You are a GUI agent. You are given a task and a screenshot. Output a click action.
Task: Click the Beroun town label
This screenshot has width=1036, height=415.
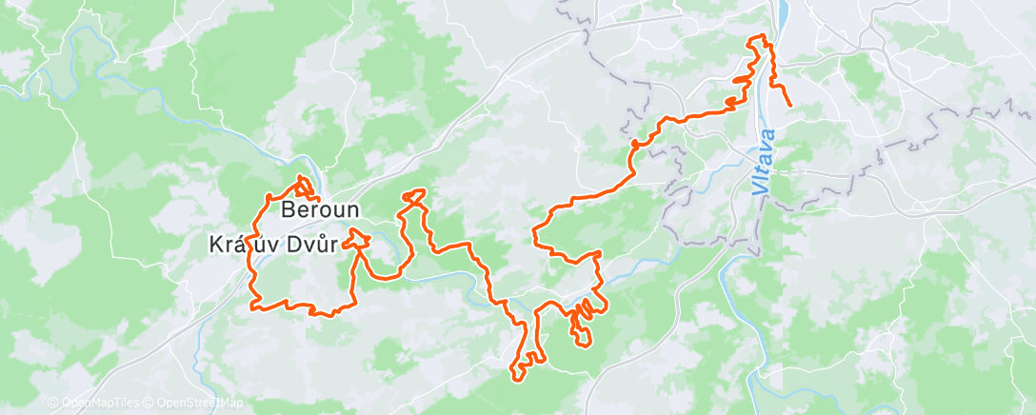tap(319, 208)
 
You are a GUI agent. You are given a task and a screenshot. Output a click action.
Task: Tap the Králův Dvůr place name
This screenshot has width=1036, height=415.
tap(273, 245)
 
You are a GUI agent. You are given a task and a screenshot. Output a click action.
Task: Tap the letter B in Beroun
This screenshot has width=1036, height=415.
tap(287, 208)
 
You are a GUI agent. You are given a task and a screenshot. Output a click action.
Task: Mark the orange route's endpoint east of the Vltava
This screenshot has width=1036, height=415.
tap(790, 105)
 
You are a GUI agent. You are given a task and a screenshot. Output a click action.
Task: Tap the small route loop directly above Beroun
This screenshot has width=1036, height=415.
tap(304, 185)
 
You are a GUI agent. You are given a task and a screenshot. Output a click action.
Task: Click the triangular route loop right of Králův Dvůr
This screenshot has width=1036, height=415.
tap(359, 238)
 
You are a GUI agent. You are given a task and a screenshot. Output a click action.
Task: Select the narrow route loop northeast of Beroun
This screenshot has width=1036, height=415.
tap(413, 197)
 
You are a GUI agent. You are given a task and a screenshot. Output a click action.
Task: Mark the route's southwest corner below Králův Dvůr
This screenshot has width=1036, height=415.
tap(254, 306)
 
